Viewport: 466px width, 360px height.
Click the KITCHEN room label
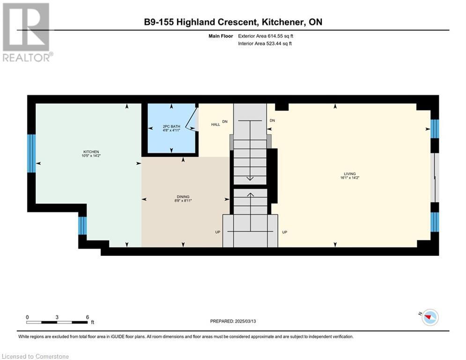coord(91,152)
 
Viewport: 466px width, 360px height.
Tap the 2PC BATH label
coord(171,127)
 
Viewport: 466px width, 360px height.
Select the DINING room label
coord(183,197)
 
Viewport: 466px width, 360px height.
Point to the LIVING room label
coord(350,174)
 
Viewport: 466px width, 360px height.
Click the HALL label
coord(215,124)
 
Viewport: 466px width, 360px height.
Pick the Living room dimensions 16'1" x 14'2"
coord(350,178)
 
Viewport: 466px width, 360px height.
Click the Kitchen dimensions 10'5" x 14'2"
coord(91,156)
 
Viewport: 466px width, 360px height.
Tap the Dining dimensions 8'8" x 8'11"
coord(183,201)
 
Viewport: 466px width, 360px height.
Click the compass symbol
coord(430,317)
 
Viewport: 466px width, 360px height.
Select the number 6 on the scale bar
coord(88,317)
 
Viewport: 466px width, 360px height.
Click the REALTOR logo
coord(27,32)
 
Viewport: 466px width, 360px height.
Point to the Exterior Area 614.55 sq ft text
coord(266,36)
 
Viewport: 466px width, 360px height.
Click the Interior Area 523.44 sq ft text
coord(265,44)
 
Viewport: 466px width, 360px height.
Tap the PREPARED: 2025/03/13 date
coord(233,321)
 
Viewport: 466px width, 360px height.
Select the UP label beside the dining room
coord(218,232)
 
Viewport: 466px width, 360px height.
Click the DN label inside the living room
coord(272,120)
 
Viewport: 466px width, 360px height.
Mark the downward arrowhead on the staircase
coord(250,178)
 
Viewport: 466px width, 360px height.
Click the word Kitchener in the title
coord(282,22)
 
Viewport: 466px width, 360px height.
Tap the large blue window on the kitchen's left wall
coord(31,154)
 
